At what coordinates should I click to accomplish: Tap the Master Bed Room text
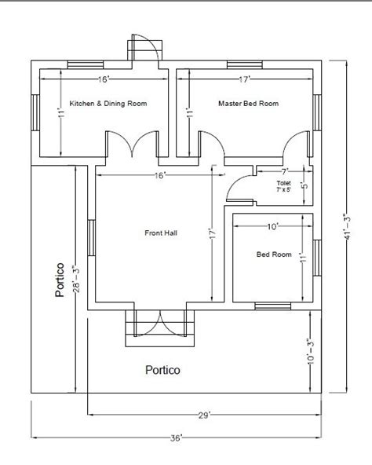point(247,103)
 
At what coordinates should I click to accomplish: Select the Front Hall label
point(160,232)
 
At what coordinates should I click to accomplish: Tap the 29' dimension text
point(204,415)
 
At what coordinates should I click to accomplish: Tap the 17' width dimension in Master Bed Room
point(244,79)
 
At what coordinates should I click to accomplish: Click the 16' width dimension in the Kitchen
point(104,79)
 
